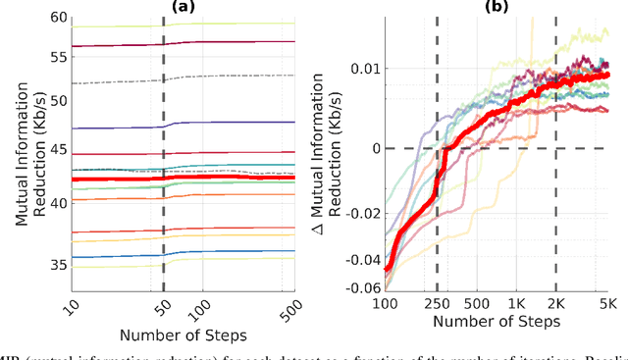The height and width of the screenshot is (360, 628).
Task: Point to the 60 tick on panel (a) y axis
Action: pos(58,18)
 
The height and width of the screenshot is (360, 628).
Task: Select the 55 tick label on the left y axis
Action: pos(58,59)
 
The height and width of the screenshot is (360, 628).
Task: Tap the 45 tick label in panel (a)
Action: pos(58,150)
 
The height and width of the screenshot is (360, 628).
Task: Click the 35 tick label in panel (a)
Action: pos(58,265)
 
